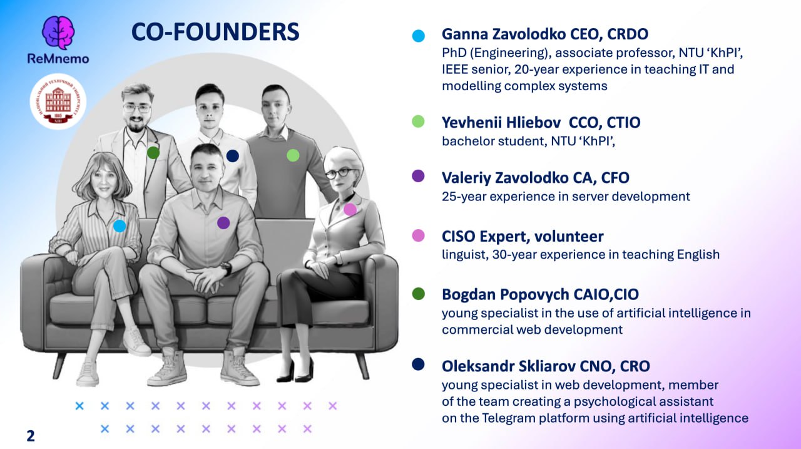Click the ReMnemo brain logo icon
click(x=58, y=33)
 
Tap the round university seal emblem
click(x=58, y=101)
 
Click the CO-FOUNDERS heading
click(x=215, y=31)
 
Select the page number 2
click(x=31, y=436)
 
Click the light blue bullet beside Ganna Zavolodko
click(x=418, y=36)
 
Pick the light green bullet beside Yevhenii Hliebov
click(x=418, y=121)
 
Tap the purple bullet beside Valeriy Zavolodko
click(x=418, y=176)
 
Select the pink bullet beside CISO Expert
click(x=418, y=235)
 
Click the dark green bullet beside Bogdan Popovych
click(x=418, y=294)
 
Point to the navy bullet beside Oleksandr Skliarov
click(x=418, y=364)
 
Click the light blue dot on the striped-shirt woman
click(x=120, y=226)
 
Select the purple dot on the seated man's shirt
click(x=223, y=223)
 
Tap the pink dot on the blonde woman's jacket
click(x=350, y=209)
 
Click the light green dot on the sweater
click(x=293, y=155)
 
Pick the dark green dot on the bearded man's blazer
click(x=153, y=153)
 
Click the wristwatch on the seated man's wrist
click(x=226, y=268)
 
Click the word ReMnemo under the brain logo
click(x=58, y=58)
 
